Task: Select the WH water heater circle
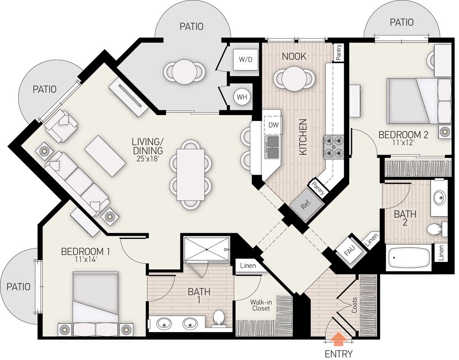(242, 97)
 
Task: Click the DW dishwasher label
(273, 125)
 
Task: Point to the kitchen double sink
(272, 147)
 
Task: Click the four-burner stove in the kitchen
(333, 147)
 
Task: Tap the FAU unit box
(349, 251)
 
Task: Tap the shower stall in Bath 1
(207, 248)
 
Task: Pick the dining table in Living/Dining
(191, 175)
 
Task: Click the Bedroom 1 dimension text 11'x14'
(86, 259)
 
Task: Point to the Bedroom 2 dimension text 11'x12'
(403, 143)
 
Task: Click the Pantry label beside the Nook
(339, 52)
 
